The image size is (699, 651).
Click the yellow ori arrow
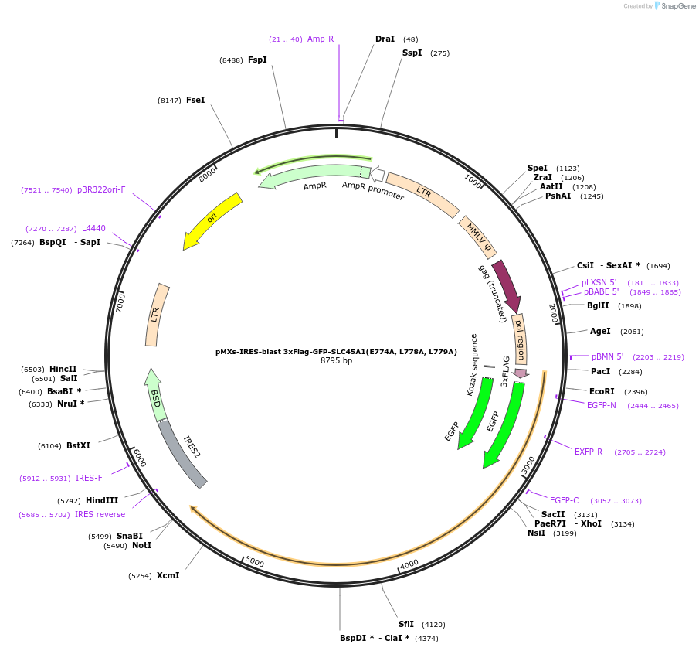pos(212,221)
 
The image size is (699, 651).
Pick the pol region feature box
pos(520,339)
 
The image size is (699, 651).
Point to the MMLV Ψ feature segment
pos(477,237)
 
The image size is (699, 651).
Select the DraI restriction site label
pos(385,39)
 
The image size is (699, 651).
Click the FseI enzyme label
pos(195,100)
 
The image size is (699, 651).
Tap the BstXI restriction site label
pos(78,445)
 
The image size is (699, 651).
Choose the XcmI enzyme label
pos(168,575)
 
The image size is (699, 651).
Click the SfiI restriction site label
pos(406,624)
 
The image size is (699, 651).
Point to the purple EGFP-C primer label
pos(564,500)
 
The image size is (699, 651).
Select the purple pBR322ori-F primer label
pos(101,189)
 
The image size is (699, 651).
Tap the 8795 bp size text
pos(336,361)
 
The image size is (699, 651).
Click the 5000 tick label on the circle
pos(255,562)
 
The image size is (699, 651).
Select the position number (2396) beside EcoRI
pos(636,392)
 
